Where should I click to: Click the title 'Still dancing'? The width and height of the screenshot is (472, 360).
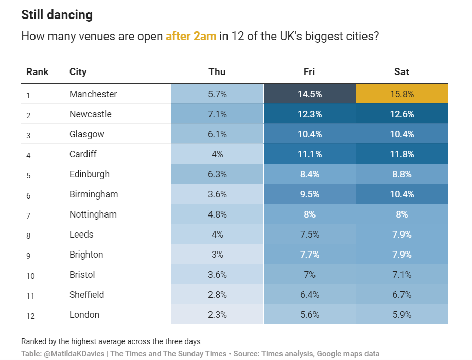click(57, 15)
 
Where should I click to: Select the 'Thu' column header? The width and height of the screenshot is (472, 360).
click(217, 72)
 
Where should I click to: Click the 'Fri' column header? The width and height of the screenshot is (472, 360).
click(309, 72)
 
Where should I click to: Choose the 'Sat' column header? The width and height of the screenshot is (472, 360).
click(401, 72)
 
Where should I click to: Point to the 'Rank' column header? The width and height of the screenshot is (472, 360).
click(38, 72)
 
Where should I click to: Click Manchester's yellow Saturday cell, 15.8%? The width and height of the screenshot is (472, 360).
click(401, 94)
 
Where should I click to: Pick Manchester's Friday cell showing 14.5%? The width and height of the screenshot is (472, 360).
click(309, 94)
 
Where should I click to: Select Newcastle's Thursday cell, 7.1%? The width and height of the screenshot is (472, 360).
click(217, 114)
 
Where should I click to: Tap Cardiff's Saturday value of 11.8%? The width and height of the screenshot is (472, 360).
click(401, 154)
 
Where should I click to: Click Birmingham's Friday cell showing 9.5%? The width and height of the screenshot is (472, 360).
click(309, 194)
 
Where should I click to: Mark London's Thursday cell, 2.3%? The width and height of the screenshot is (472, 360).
click(217, 315)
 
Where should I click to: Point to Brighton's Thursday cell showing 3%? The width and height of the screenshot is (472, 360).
click(217, 255)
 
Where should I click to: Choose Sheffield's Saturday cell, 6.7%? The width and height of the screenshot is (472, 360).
click(401, 295)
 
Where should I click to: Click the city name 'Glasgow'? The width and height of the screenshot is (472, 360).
click(87, 134)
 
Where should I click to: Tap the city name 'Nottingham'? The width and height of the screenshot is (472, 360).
click(93, 214)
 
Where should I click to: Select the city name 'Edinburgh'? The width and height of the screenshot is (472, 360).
click(90, 174)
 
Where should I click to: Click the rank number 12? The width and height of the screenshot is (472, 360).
click(30, 316)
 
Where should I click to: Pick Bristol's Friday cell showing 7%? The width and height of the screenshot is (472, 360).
click(309, 275)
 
